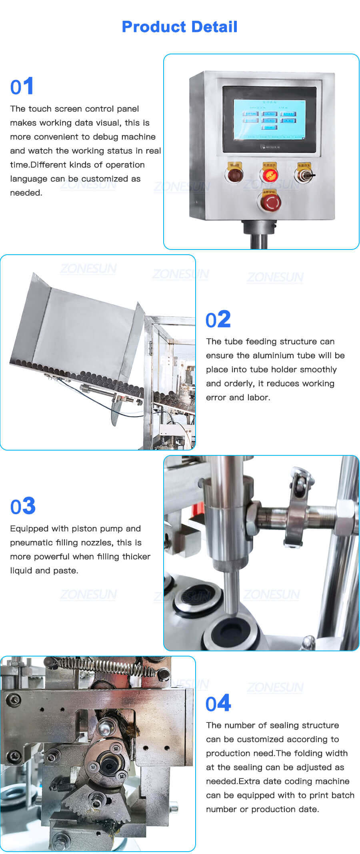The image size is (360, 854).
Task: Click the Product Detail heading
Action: (179, 27)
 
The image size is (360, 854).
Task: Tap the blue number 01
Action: (22, 86)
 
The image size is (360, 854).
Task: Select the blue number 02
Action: (218, 319)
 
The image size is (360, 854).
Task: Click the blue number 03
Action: (23, 506)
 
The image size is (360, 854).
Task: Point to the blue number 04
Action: (218, 703)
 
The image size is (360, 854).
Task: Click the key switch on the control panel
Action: (304, 174)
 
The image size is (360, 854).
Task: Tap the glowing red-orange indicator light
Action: (269, 175)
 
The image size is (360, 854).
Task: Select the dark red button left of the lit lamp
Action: (234, 175)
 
